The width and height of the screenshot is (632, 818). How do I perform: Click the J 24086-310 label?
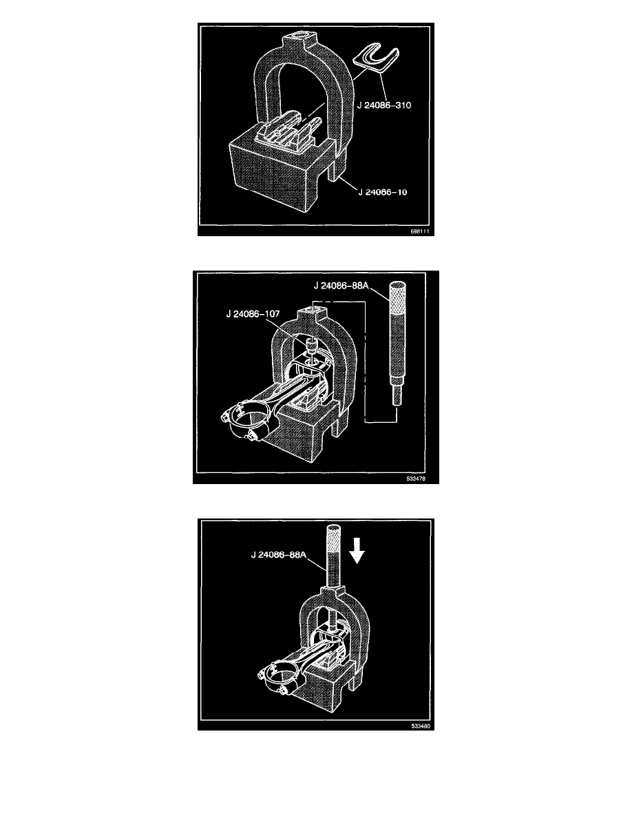(x=384, y=105)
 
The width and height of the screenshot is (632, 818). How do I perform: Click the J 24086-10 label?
(x=382, y=192)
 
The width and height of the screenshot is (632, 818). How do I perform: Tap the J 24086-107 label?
(x=253, y=314)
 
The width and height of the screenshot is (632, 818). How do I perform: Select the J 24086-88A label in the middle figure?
(x=341, y=285)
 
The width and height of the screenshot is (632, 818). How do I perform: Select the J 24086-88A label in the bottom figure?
(x=278, y=554)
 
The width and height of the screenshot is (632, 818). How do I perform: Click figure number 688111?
(x=420, y=231)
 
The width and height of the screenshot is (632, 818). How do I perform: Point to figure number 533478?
(x=416, y=479)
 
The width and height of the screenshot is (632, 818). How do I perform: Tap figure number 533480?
(x=420, y=726)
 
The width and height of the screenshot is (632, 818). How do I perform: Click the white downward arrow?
(x=357, y=552)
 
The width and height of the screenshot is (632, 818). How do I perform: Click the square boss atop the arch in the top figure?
(x=300, y=40)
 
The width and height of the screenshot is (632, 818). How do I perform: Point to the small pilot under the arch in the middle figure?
(x=311, y=345)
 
